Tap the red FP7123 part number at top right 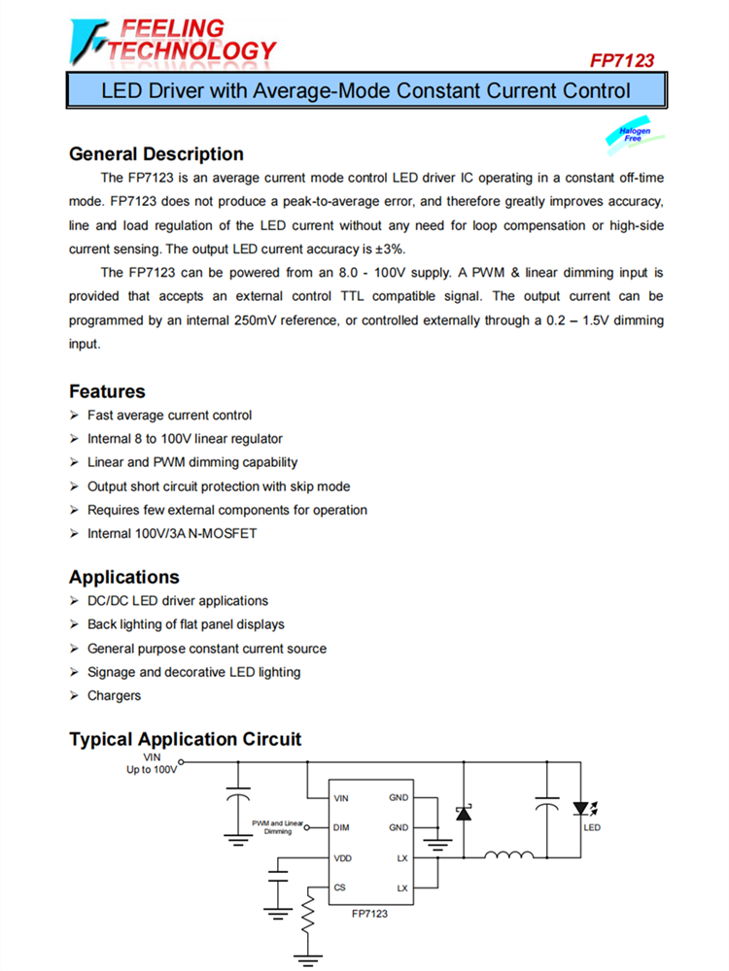tap(622, 60)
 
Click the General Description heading tap(156, 154)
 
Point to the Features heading tap(107, 391)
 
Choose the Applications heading tap(124, 577)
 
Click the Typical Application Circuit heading tap(185, 739)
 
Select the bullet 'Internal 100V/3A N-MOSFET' tap(172, 533)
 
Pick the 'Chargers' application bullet tap(114, 695)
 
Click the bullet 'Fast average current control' tap(169, 415)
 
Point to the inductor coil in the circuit tap(508, 855)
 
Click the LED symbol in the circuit tap(581, 809)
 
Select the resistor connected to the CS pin tap(309, 913)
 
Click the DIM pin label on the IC tap(341, 828)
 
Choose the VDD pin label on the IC tap(342, 858)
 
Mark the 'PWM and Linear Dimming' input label tap(277, 827)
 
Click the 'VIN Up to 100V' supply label tap(152, 762)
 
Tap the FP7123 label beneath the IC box tap(370, 913)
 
